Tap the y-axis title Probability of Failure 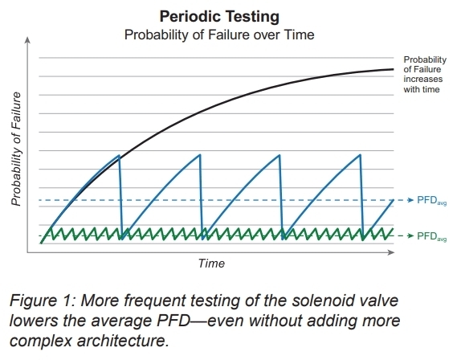coord(15,149)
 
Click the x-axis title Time coord(212,264)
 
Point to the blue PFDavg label coord(431,199)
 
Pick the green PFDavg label coord(431,236)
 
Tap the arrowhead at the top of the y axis coord(29,40)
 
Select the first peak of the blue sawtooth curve coord(119,155)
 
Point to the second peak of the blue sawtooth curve coord(199,155)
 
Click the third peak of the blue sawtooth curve coord(280,155)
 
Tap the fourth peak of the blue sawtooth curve coord(360,155)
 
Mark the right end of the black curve coord(394,69)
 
